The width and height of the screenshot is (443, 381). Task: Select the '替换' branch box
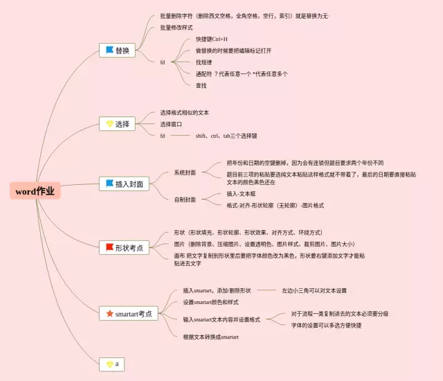point(117,50)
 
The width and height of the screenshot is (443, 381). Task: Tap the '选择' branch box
point(117,124)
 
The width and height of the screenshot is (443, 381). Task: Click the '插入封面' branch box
point(124,184)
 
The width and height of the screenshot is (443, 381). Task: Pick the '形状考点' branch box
point(124,247)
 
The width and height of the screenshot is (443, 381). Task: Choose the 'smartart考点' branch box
point(129,313)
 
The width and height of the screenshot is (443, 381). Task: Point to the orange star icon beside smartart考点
point(109,313)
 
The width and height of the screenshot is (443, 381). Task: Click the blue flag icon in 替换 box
point(109,50)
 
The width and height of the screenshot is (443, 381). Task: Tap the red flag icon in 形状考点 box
point(109,247)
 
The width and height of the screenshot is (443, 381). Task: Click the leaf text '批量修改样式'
point(176,27)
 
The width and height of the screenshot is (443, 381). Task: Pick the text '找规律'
point(206,62)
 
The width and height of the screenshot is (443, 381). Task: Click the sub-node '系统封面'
point(185,171)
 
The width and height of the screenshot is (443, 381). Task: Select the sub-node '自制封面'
point(185,200)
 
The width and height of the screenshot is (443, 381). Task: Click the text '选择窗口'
point(172,124)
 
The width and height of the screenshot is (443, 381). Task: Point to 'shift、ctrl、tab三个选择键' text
point(226,136)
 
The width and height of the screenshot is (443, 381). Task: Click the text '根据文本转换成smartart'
point(210,337)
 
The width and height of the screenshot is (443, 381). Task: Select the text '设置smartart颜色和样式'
point(210,302)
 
